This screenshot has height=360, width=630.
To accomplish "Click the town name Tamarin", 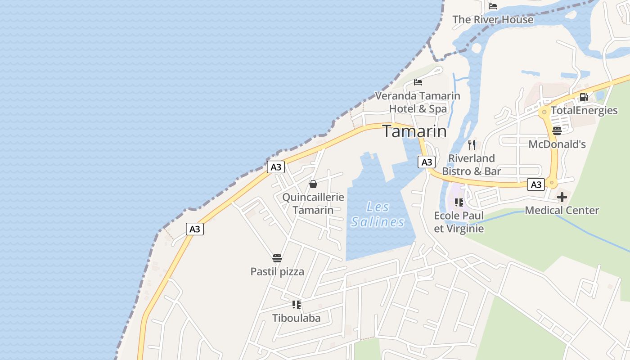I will point(414,131).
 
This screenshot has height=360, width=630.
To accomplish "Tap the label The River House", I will point(493,20).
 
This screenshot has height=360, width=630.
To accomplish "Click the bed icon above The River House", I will point(493,6).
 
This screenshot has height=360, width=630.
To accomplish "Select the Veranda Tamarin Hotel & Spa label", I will point(418,102).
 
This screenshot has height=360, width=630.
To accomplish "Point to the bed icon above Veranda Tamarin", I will point(418,82).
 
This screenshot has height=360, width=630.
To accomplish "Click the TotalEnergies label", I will point(584,111).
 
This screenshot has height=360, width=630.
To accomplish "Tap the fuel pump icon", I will point(584,97).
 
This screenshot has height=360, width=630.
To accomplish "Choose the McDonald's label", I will point(557,144).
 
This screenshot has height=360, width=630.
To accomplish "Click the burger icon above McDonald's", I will point(557,131).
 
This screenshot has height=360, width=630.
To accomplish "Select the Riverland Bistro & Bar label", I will point(471,165).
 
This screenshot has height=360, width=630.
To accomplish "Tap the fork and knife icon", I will point(471,144).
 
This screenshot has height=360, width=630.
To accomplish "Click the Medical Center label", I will point(562,210).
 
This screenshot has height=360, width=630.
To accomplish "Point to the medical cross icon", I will point(562,197).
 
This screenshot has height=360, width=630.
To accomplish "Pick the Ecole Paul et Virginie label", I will point(459,222).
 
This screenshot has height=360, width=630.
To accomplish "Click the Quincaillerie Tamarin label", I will point(313,203).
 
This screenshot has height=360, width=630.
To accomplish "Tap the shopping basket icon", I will point(313,184).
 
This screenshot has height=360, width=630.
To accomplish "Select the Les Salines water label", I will point(378,215).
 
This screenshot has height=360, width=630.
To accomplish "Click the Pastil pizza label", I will point(277,272).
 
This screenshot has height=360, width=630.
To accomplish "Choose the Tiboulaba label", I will point(297,318).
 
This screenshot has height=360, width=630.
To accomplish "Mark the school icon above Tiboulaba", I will point(297,305).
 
